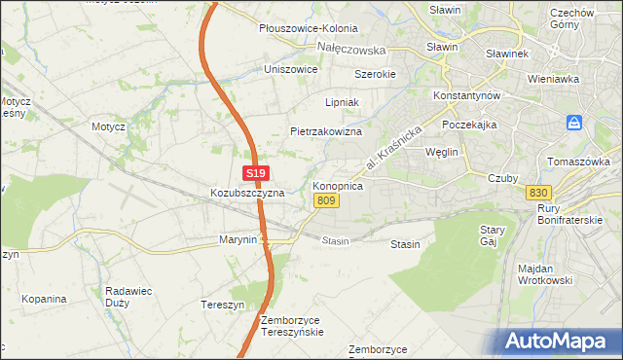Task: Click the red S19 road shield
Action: (x=255, y=173)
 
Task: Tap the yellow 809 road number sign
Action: (x=327, y=200)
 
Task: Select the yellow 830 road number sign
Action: (x=539, y=192)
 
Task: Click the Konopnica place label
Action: (x=338, y=184)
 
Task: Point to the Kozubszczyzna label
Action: (x=247, y=193)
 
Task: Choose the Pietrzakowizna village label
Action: (x=326, y=130)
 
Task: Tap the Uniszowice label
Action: (x=291, y=70)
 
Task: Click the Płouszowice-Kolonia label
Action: (x=309, y=29)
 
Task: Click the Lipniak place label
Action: (x=343, y=101)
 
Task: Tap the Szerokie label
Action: (x=375, y=74)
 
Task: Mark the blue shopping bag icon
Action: (x=575, y=124)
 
